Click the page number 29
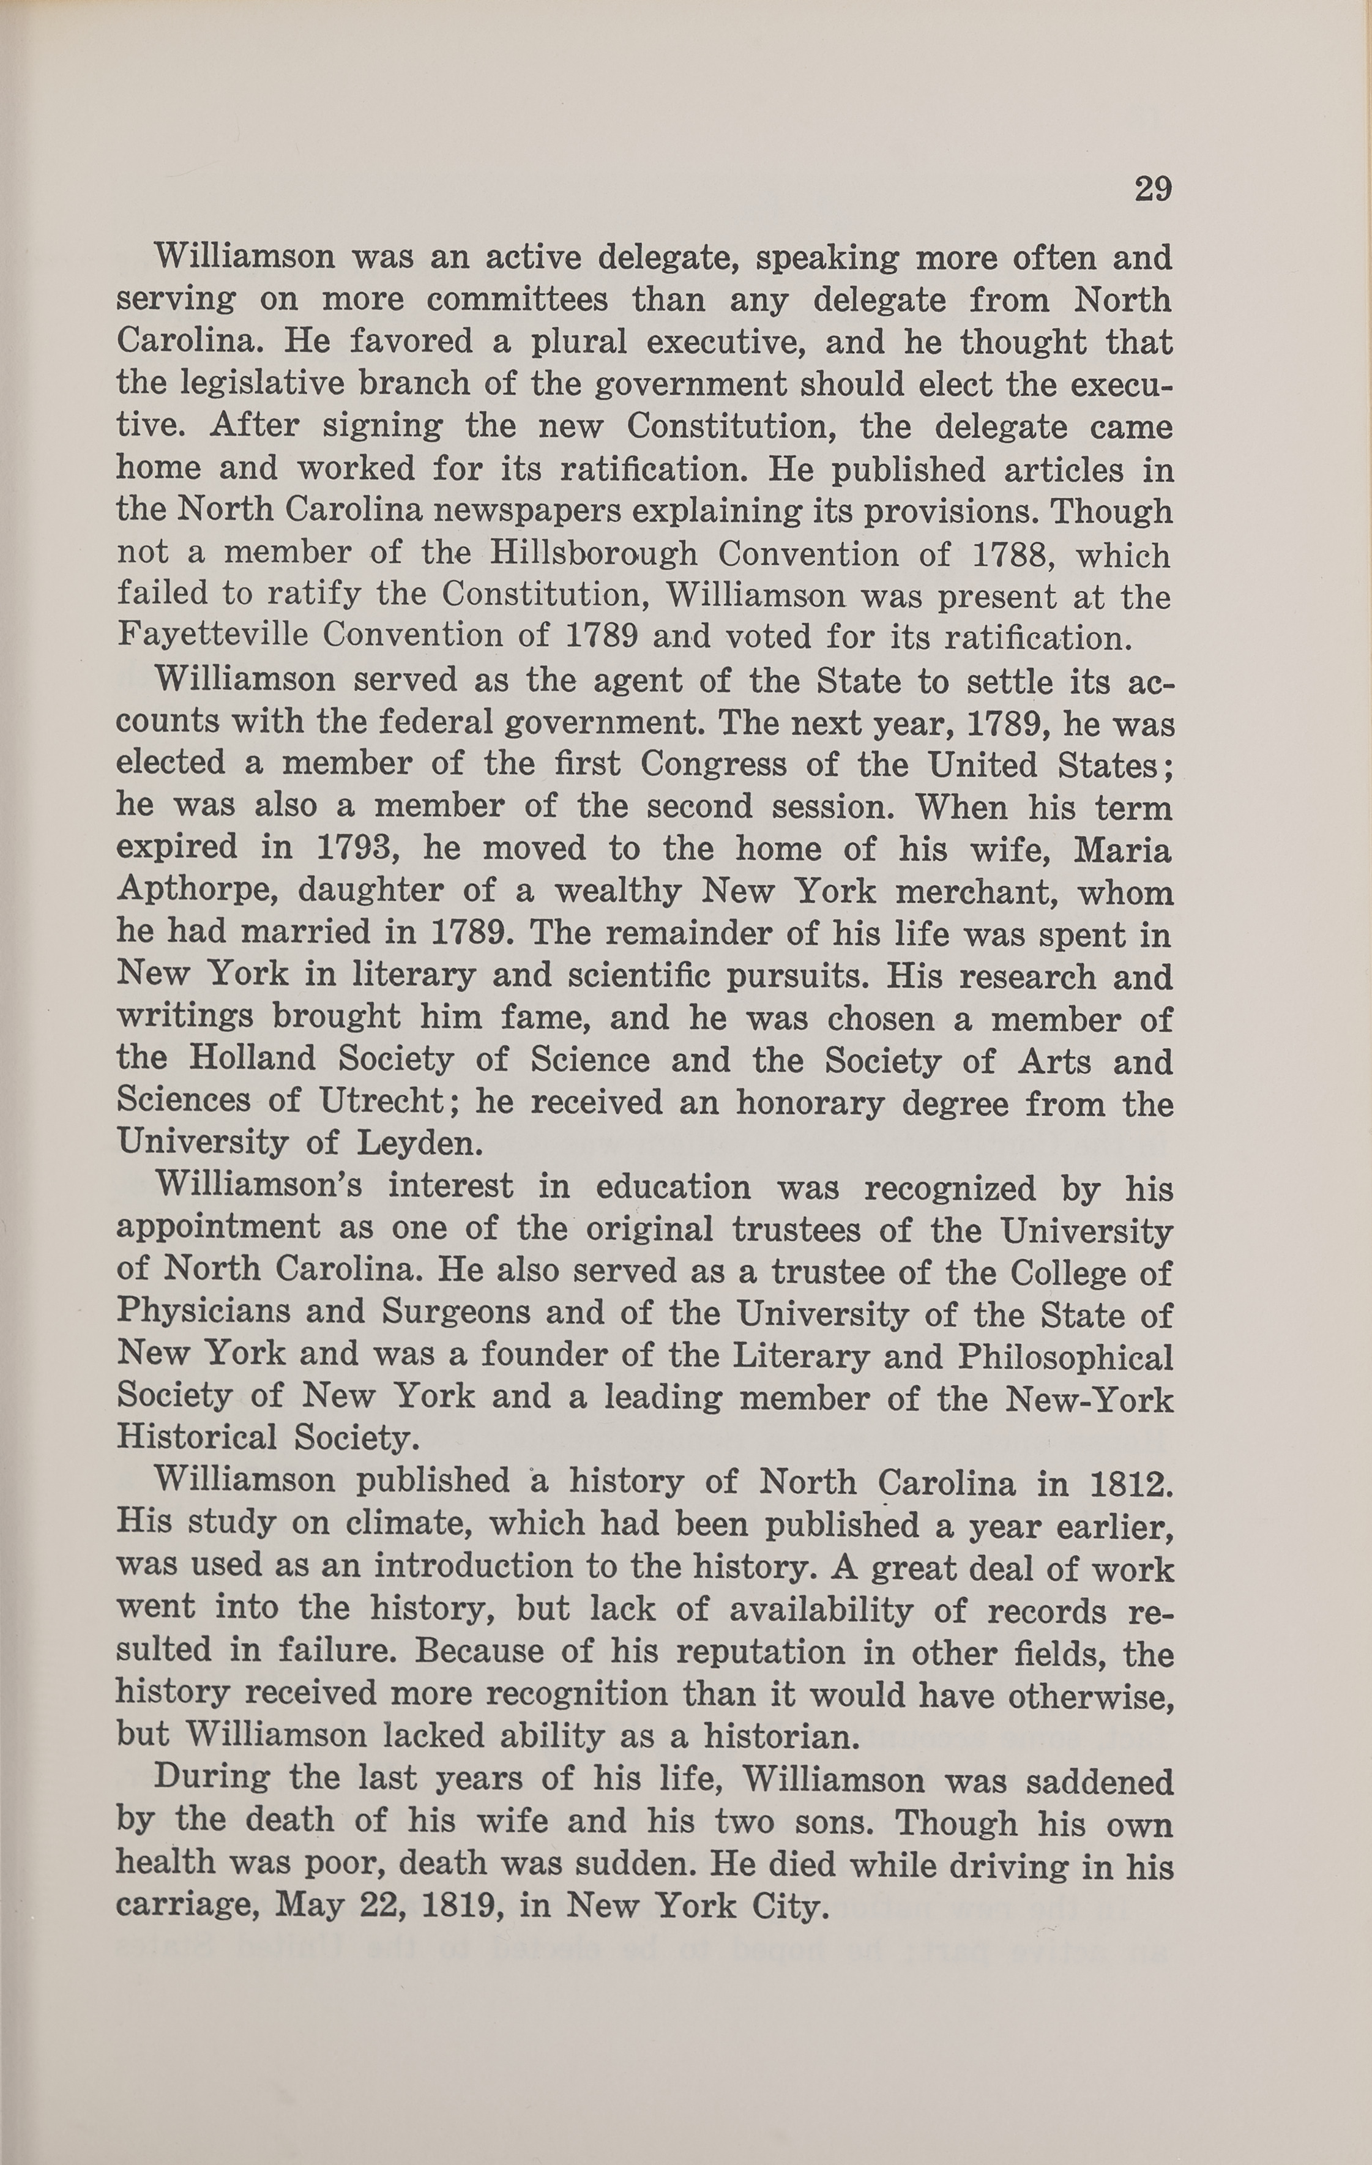click(1153, 190)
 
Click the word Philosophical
click(1065, 1355)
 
